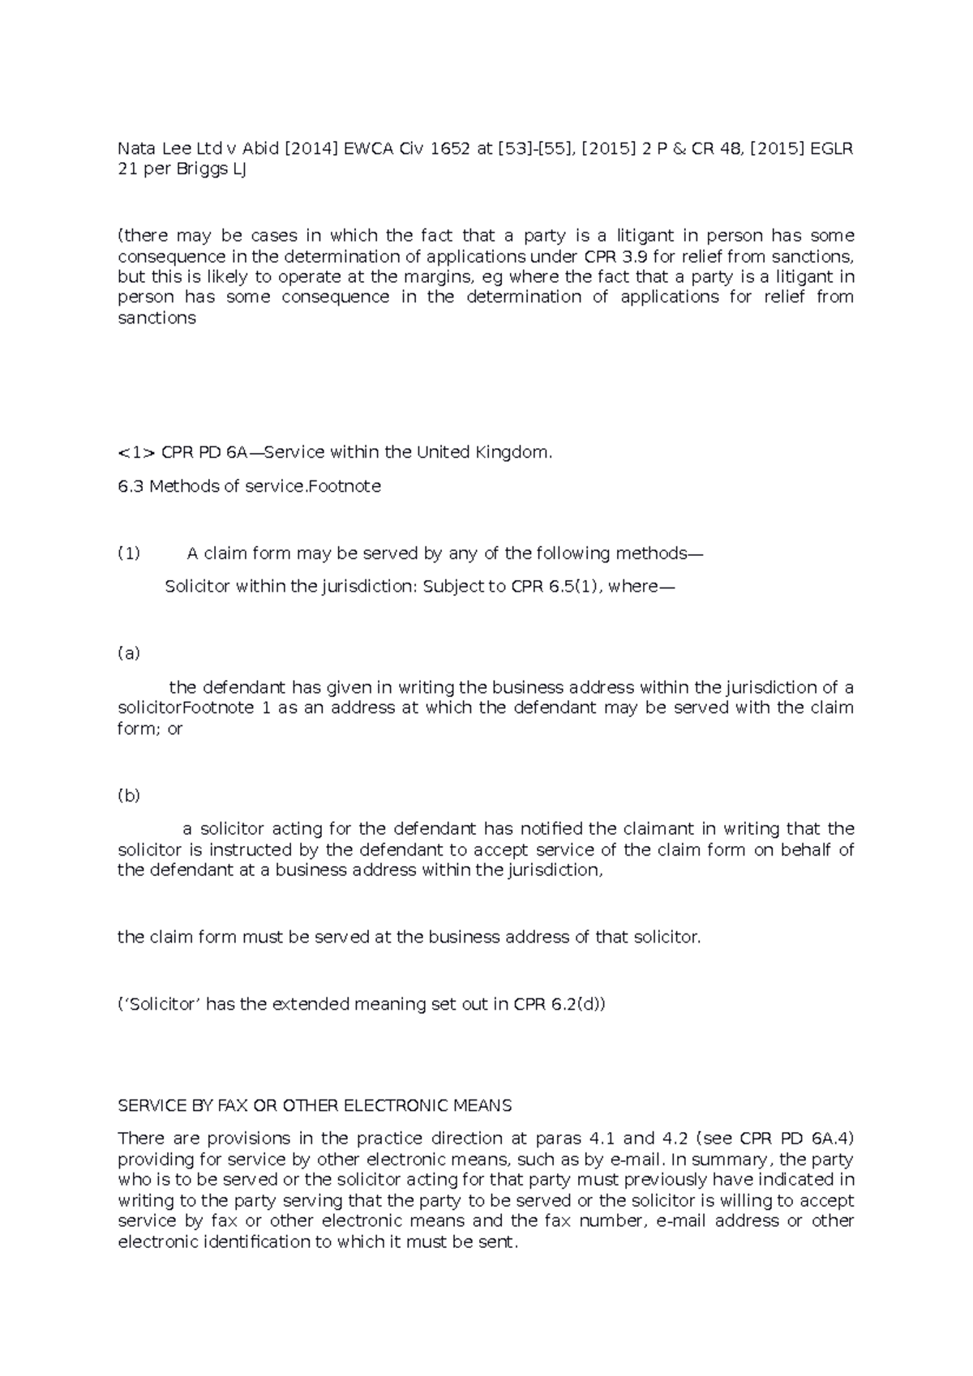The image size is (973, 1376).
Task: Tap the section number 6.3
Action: click(x=130, y=486)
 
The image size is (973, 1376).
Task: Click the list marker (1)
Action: click(x=129, y=553)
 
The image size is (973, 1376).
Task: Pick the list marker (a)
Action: click(x=129, y=653)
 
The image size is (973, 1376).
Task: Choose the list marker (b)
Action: click(x=129, y=795)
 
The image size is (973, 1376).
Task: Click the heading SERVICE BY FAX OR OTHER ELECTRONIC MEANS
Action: click(x=315, y=1105)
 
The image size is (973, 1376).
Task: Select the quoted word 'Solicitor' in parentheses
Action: click(x=160, y=1005)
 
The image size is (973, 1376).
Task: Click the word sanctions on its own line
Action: click(x=156, y=318)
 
